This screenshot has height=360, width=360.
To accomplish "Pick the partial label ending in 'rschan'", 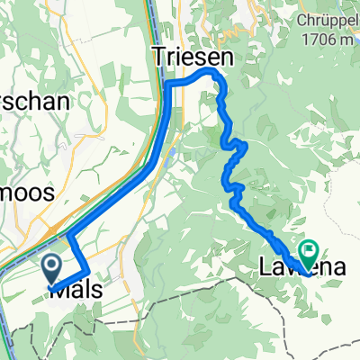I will (x=34, y=102).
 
